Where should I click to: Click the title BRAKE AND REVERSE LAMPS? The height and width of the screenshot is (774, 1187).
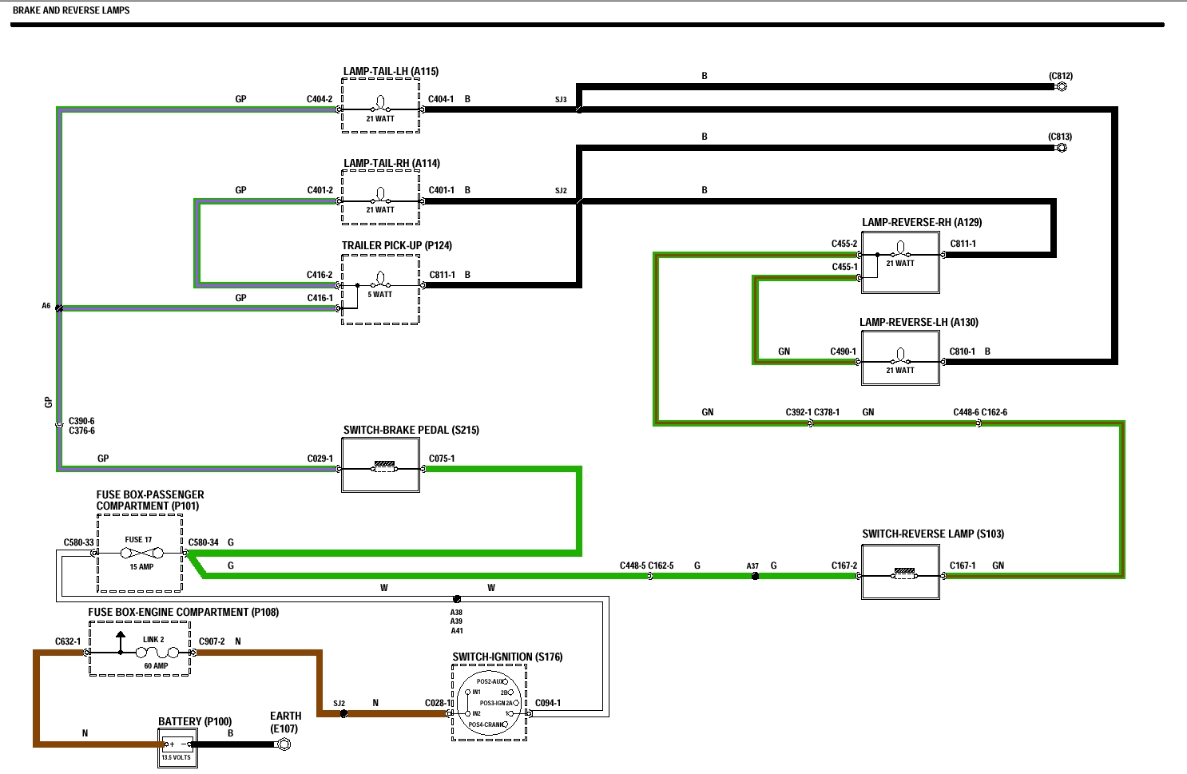[x=71, y=10]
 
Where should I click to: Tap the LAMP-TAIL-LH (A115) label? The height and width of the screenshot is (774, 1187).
[x=391, y=71]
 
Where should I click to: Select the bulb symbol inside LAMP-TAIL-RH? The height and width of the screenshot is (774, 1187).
[x=381, y=195]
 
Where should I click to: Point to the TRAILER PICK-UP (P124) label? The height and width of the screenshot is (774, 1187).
[x=396, y=245]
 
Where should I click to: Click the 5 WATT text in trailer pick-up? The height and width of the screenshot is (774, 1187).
[x=380, y=295]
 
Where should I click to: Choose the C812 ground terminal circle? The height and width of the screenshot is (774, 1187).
[x=1062, y=86]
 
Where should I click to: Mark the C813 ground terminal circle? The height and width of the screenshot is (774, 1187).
[x=1062, y=148]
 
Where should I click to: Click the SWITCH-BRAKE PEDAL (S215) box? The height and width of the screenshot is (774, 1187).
[x=380, y=466]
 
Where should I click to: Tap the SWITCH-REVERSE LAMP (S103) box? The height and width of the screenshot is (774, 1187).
[x=900, y=572]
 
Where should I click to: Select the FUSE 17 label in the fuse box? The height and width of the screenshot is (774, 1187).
[x=138, y=540]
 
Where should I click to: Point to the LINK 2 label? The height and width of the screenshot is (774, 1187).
[x=153, y=640]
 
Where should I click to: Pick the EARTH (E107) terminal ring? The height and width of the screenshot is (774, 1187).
[x=283, y=744]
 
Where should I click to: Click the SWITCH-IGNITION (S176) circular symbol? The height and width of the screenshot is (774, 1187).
[x=489, y=703]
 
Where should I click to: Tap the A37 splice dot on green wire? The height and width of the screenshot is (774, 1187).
[x=755, y=576]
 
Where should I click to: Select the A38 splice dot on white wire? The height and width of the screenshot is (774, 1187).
[x=457, y=599]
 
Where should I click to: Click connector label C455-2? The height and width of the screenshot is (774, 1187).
[x=844, y=244]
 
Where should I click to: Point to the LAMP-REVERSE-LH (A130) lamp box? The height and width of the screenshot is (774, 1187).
[x=900, y=359]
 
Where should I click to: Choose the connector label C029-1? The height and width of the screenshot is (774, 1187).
[x=320, y=458]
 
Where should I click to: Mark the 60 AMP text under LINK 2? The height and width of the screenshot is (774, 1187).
[x=156, y=666]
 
